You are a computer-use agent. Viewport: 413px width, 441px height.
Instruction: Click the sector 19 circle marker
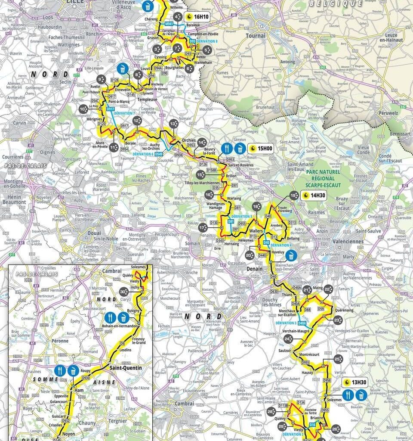tap(294, 196)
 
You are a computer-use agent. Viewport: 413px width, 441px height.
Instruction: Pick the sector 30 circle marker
tap(123, 290)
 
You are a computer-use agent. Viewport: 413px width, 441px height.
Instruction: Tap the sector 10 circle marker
tap(83, 109)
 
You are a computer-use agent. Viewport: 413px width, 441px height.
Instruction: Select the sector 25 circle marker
tap(338, 359)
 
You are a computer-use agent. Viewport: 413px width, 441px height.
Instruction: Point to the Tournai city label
tap(256, 36)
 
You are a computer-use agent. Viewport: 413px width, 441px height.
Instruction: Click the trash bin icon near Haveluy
tap(291, 256)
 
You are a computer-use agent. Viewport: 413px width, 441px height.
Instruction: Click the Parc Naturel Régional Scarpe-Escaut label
tap(324, 179)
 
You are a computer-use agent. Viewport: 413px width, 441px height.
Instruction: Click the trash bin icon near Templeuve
tap(123, 68)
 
